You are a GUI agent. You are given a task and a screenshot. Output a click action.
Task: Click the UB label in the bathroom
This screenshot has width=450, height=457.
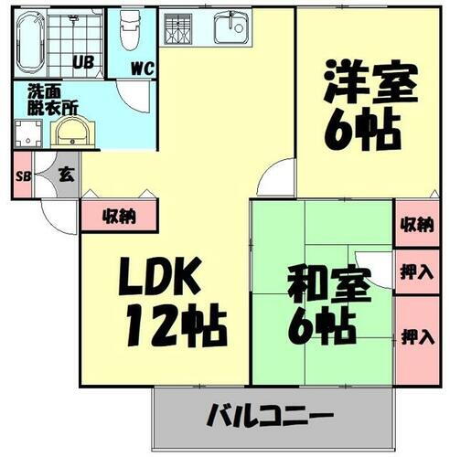point(81,63)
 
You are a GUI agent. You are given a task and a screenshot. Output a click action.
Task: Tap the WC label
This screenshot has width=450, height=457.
point(142,67)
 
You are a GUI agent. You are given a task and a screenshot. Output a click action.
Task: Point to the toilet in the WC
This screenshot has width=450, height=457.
point(129,32)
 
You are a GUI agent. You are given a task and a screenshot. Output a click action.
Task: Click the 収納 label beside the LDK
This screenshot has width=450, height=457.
point(118,217)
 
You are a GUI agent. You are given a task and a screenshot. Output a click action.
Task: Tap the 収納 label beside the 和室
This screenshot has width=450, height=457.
point(416,224)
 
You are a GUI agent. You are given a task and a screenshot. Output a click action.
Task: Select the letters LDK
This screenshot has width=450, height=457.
point(158,276)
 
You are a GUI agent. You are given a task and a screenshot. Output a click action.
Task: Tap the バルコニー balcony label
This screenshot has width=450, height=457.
point(275,415)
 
